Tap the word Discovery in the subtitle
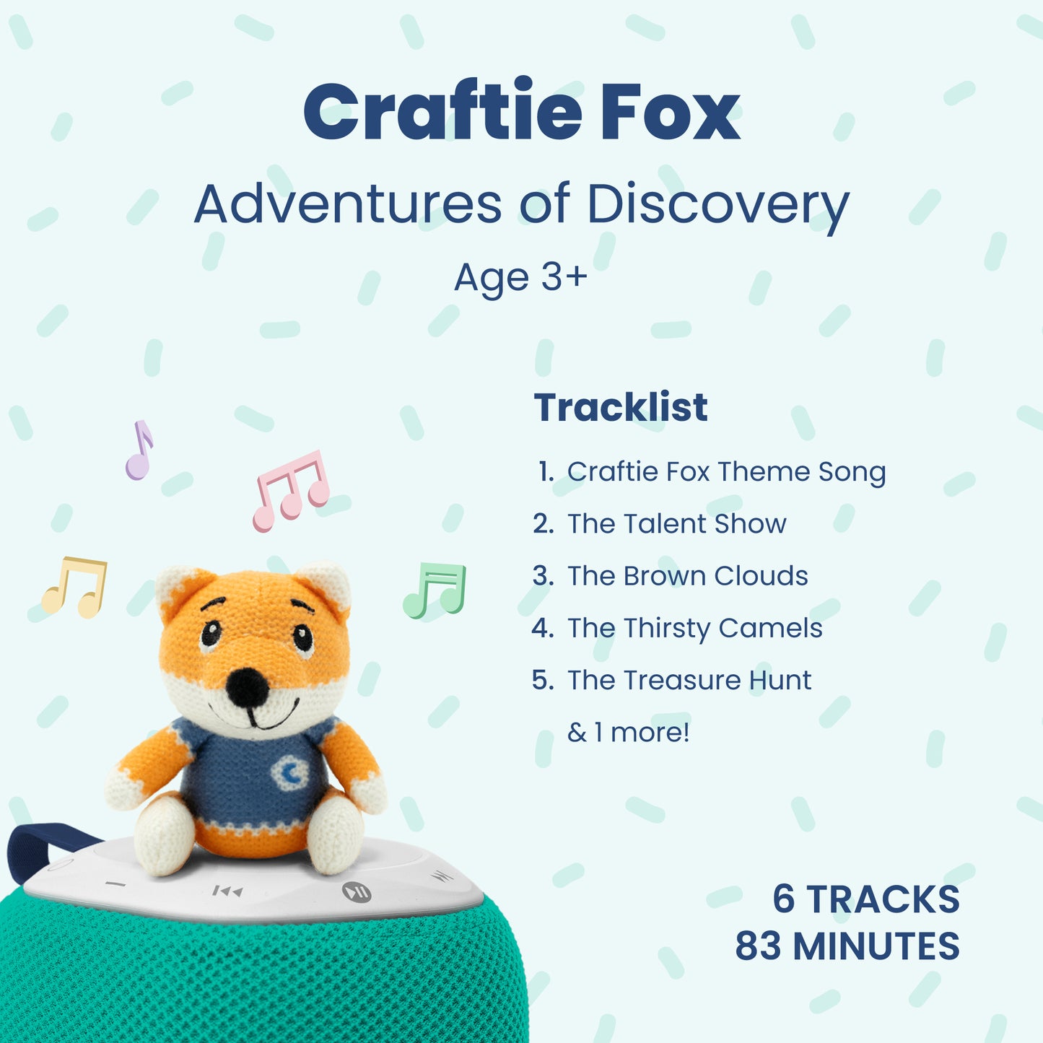[717, 206]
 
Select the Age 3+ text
[520, 278]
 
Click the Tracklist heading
[620, 407]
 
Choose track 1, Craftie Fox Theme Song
[711, 471]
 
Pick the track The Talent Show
[659, 523]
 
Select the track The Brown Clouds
[670, 575]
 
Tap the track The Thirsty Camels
[677, 629]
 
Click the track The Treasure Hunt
[672, 680]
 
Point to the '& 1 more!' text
[629, 733]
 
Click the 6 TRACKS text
[866, 899]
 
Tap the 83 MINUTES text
[847, 946]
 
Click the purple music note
[140, 450]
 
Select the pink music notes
[291, 491]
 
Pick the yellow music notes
[74, 588]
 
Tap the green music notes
[435, 590]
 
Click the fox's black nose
[248, 686]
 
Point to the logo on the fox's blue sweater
[290, 772]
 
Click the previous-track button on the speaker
[227, 891]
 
